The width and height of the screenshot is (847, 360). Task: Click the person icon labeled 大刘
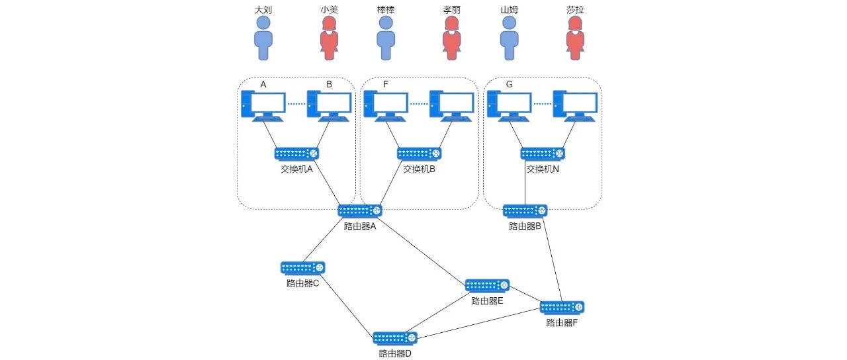pyautogui.click(x=263, y=38)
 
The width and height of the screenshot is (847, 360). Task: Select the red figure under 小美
pyautogui.click(x=329, y=38)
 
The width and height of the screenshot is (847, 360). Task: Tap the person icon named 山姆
pyautogui.click(x=509, y=38)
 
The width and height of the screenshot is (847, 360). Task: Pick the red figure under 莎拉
pyautogui.click(x=575, y=38)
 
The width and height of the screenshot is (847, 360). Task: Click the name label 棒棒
pyautogui.click(x=386, y=9)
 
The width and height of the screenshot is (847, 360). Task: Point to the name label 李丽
pyautogui.click(x=452, y=9)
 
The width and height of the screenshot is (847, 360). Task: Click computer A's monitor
pyautogui.click(x=268, y=102)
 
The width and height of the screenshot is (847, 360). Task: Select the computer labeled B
pyautogui.click(x=329, y=106)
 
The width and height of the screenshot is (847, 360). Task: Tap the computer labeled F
pyautogui.click(x=386, y=106)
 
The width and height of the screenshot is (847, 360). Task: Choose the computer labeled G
pyautogui.click(x=509, y=106)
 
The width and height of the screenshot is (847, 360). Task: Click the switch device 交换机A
pyautogui.click(x=297, y=154)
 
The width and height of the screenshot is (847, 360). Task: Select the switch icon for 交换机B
pyautogui.click(x=420, y=154)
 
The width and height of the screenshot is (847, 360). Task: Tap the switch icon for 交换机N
pyautogui.click(x=543, y=154)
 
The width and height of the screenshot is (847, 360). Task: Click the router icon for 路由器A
pyautogui.click(x=360, y=211)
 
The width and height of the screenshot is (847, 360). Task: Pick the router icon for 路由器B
pyautogui.click(x=525, y=211)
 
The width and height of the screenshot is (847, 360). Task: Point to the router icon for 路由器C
pyautogui.click(x=303, y=268)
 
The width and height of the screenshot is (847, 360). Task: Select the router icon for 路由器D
pyautogui.click(x=395, y=338)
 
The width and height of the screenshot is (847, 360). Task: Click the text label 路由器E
pyautogui.click(x=487, y=301)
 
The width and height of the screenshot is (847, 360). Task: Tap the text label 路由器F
pyautogui.click(x=562, y=322)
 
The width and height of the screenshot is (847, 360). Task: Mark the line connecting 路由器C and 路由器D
pyautogui.click(x=346, y=305)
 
